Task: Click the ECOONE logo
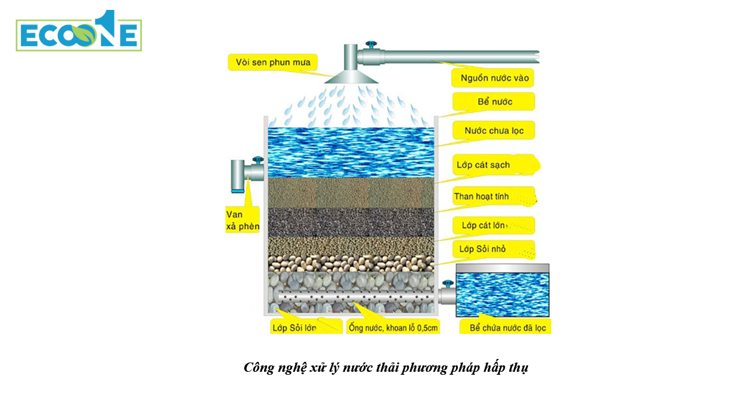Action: (x=79, y=33)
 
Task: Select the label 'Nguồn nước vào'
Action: (x=493, y=78)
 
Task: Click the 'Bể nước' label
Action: (x=494, y=102)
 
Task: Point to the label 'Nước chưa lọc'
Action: (x=493, y=131)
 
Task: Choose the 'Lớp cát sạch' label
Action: (x=484, y=165)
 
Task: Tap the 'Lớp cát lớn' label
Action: (x=485, y=225)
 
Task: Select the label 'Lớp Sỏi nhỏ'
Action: (x=483, y=249)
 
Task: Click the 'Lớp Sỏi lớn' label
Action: (x=295, y=327)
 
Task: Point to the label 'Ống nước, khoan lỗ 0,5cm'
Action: (x=392, y=327)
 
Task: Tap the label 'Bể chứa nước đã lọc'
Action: (x=506, y=327)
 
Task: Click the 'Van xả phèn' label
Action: (x=242, y=220)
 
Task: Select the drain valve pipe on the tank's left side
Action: (x=241, y=175)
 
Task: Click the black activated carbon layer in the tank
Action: (x=350, y=222)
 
